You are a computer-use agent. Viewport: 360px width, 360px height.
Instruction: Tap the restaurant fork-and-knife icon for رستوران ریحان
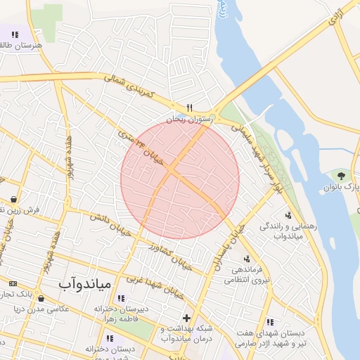189,108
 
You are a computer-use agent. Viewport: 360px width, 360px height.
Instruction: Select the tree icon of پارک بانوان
342,174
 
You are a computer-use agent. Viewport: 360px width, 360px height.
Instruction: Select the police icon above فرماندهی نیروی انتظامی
247,258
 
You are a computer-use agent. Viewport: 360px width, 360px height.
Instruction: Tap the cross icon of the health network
186,318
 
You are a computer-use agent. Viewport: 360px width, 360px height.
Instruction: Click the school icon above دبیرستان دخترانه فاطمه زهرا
122,298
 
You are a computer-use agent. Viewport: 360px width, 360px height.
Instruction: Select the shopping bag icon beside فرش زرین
13,199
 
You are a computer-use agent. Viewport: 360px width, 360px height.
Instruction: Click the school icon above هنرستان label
15,34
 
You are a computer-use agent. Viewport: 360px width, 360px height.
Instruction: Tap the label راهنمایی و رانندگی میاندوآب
282,231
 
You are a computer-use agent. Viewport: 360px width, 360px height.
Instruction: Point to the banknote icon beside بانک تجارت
12,283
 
